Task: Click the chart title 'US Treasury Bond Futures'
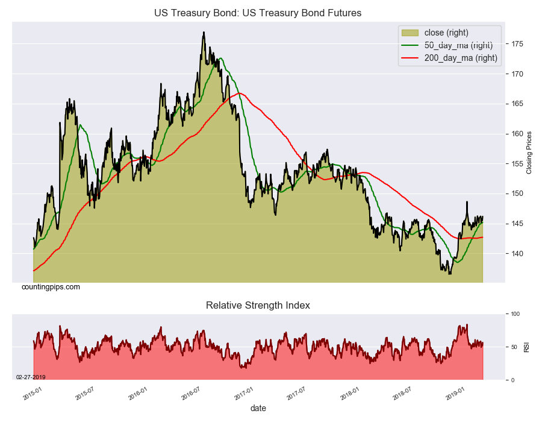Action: point(258,13)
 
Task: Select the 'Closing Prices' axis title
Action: point(529,153)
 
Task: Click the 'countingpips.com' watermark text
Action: point(51,287)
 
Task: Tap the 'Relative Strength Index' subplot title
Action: point(258,306)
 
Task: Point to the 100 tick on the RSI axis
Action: point(515,314)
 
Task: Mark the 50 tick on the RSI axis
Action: point(514,347)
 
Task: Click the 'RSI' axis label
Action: point(528,347)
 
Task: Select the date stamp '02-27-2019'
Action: point(31,377)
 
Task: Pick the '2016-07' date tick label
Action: point(191,394)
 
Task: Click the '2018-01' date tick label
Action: point(350,394)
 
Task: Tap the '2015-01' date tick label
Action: point(33,394)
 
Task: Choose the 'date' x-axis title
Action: point(258,408)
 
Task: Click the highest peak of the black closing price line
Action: point(204,32)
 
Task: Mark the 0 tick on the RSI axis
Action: point(512,380)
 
